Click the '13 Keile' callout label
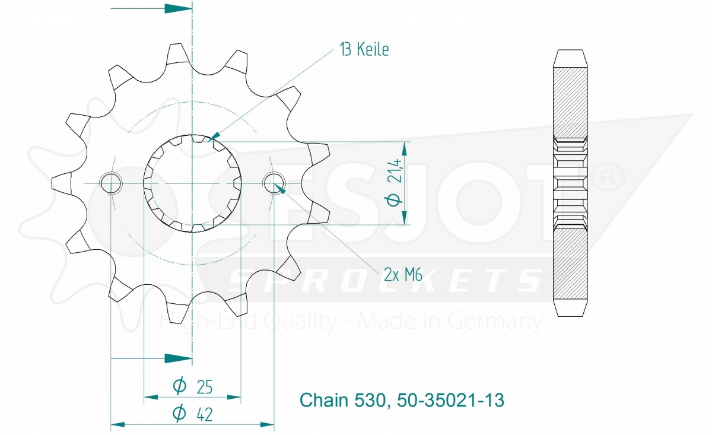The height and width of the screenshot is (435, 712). coord(364,50)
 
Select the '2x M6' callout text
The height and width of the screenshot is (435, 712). coord(403,275)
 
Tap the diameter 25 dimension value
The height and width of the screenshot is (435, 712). coord(193,387)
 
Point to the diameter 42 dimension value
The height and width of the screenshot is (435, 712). coord(193,414)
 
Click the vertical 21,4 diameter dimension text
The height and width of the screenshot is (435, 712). coord(394,183)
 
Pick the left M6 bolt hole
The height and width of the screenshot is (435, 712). coord(110,183)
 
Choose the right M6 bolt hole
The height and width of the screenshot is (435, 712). coord(274,183)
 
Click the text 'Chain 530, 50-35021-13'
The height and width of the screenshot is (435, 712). coord(402,400)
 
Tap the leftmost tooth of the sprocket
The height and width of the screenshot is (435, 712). coord(62,183)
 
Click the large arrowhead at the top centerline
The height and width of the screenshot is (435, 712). coord(178,8)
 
